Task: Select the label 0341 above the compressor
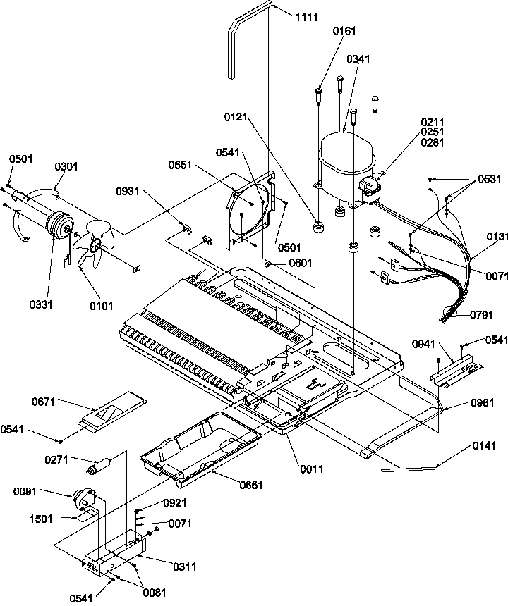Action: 358,59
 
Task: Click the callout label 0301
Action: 66,166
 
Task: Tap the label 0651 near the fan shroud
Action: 181,165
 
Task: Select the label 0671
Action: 44,402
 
